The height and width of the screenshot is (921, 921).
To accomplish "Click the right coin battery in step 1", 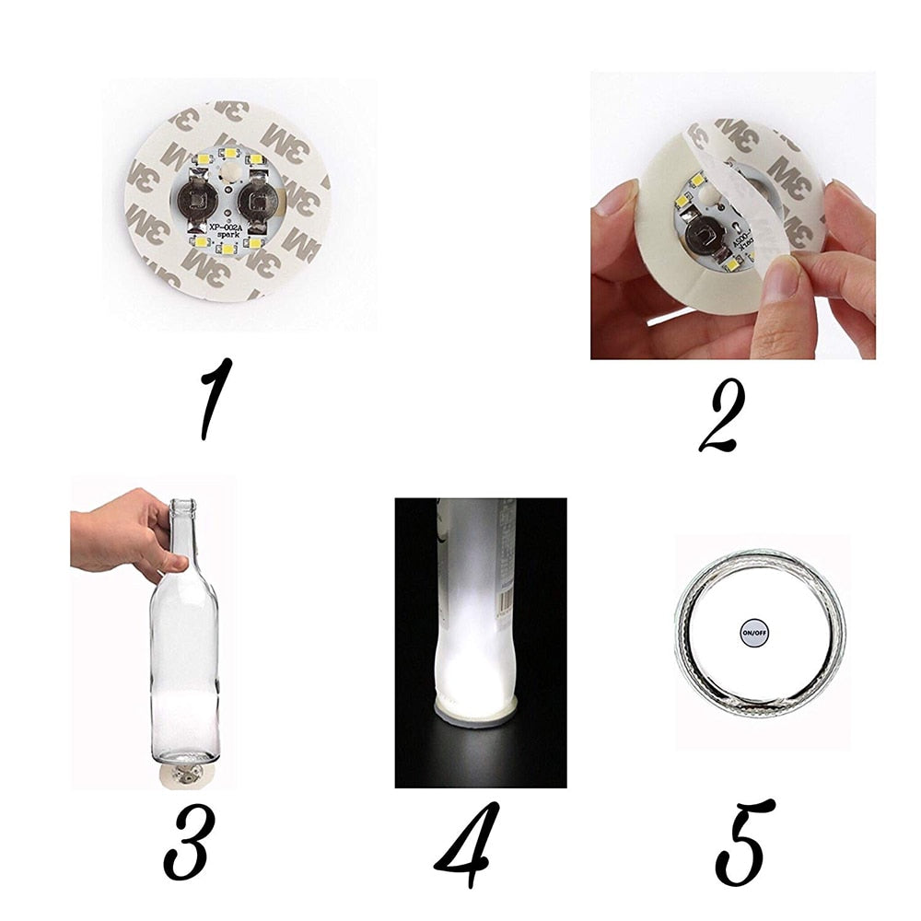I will tap(257, 200).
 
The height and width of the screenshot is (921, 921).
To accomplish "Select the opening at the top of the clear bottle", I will tap(184, 504).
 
